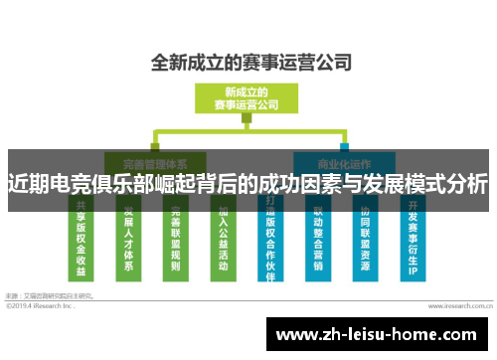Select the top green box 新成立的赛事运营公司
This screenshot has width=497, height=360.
click(x=248, y=98)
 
